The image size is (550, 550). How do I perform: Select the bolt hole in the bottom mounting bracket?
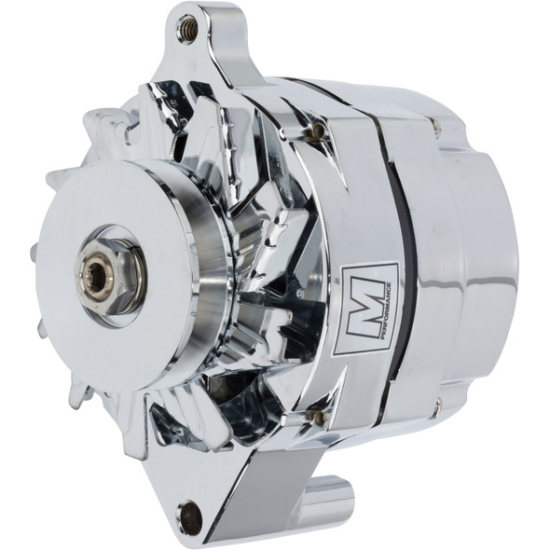tap(192, 512)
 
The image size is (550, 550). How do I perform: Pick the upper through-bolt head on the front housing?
tap(321, 130)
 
